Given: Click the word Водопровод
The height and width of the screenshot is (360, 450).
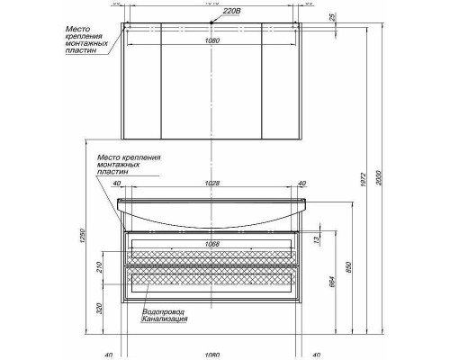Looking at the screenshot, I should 161,311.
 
